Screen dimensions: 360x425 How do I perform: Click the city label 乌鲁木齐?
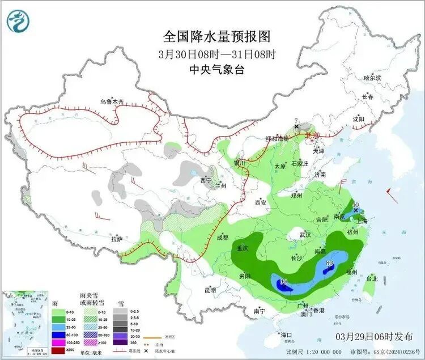coord(112,101)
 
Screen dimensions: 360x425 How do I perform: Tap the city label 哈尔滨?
coord(372,77)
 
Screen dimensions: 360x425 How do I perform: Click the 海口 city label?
coord(286,335)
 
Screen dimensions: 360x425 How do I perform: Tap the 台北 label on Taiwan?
coord(371,279)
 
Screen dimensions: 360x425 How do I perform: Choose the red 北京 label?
coord(312,136)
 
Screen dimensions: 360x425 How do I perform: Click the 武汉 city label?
coord(305,234)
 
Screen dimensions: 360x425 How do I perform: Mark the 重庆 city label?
coord(243,248)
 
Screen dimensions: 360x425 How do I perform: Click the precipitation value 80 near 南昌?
coord(330,262)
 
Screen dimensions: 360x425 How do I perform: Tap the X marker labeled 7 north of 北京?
coord(296,126)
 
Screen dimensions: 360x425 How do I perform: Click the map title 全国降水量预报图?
coord(217,37)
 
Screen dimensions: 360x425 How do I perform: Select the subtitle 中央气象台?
coord(217,70)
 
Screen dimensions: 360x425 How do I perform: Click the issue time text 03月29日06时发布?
coord(375,336)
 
